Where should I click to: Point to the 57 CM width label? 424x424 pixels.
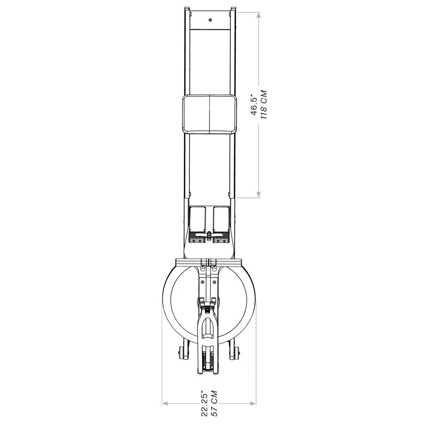pos(214,403)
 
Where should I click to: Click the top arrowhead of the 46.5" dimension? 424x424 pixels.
pos(259,15)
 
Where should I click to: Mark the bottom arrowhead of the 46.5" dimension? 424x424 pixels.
pos(259,195)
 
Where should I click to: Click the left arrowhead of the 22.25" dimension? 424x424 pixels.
pos(165,403)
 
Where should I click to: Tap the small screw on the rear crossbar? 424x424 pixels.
pos(210,20)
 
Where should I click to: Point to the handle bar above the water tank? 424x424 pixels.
pos(209,261)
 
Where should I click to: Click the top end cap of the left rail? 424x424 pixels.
pos(187,9)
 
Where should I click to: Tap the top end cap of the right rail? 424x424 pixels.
pos(233,9)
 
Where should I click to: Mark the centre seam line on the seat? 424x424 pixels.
pos(209,114)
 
